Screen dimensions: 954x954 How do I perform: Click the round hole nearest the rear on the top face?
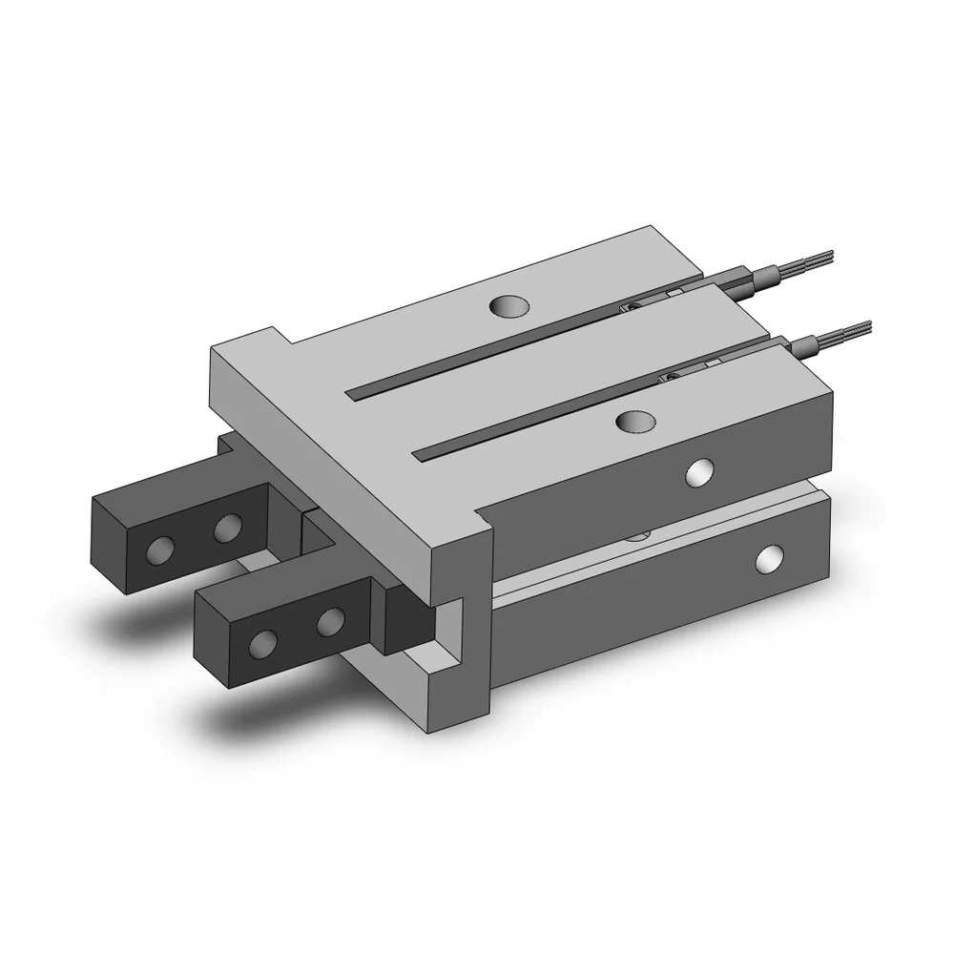click(508, 306)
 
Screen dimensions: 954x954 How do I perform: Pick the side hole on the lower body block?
click(770, 559)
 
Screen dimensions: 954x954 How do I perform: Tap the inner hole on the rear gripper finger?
click(227, 527)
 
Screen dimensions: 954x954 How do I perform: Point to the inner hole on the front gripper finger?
click(330, 622)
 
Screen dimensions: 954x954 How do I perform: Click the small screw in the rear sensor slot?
click(632, 307)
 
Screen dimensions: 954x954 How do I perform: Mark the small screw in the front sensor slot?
click(674, 379)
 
